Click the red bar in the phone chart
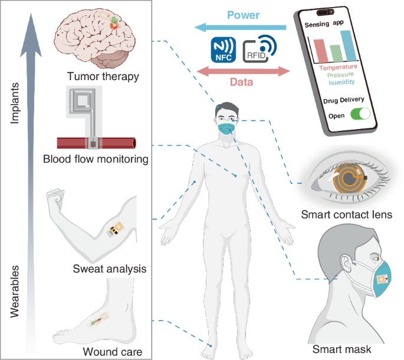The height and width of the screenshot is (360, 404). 320,50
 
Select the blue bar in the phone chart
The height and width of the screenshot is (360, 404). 350,45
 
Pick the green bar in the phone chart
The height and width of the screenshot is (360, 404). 336,54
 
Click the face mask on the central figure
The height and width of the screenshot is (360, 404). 227,127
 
